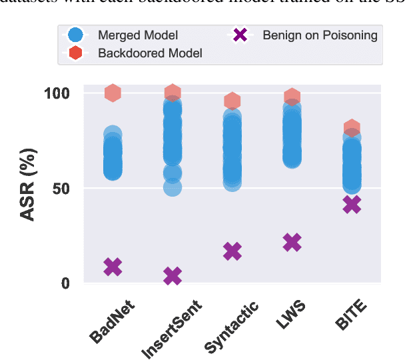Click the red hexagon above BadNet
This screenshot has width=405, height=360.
(113, 93)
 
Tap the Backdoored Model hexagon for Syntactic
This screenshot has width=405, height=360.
(232, 101)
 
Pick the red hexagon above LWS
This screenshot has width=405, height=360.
(292, 97)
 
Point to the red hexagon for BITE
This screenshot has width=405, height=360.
(352, 128)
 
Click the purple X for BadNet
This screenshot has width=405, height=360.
(113, 267)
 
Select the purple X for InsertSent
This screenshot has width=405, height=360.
(173, 275)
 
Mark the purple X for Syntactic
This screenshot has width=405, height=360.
(232, 251)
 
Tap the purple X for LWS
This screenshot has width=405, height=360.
(292, 243)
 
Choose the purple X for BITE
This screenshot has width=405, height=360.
(352, 205)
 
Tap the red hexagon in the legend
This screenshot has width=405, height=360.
(77, 52)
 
